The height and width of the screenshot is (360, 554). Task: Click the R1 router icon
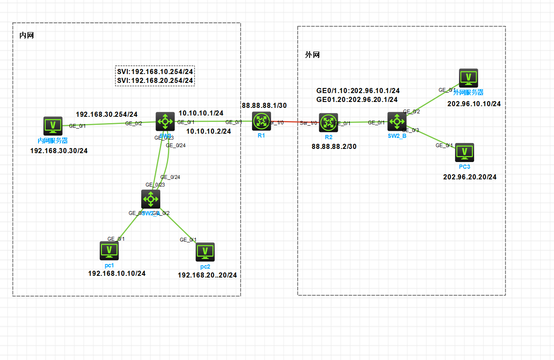tap(261, 121)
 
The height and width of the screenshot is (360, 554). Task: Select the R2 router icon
tap(328, 123)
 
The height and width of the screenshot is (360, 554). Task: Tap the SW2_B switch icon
tap(397, 122)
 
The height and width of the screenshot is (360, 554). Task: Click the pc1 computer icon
tap(109, 250)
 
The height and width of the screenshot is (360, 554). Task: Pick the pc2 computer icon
tap(205, 252)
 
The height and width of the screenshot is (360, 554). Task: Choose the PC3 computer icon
tap(464, 152)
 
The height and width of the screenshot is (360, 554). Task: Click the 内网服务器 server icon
tap(53, 126)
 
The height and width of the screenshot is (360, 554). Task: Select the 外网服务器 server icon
tap(468, 78)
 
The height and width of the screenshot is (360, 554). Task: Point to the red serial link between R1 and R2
tap(292, 122)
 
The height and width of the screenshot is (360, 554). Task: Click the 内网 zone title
tap(27, 35)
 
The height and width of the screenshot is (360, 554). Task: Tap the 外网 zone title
tap(312, 55)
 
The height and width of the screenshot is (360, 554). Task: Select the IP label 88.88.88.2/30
tap(334, 146)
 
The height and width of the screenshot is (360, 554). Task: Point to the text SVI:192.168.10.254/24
tap(155, 71)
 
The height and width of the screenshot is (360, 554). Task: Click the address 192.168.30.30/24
tap(59, 151)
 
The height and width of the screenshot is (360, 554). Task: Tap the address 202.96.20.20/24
tap(469, 177)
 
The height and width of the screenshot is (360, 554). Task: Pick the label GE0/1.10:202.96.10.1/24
tap(358, 91)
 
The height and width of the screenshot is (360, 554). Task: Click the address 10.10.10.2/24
tap(208, 131)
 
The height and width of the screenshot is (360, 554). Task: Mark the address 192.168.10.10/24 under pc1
tap(117, 273)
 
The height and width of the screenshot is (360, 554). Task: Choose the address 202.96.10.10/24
tap(474, 104)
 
